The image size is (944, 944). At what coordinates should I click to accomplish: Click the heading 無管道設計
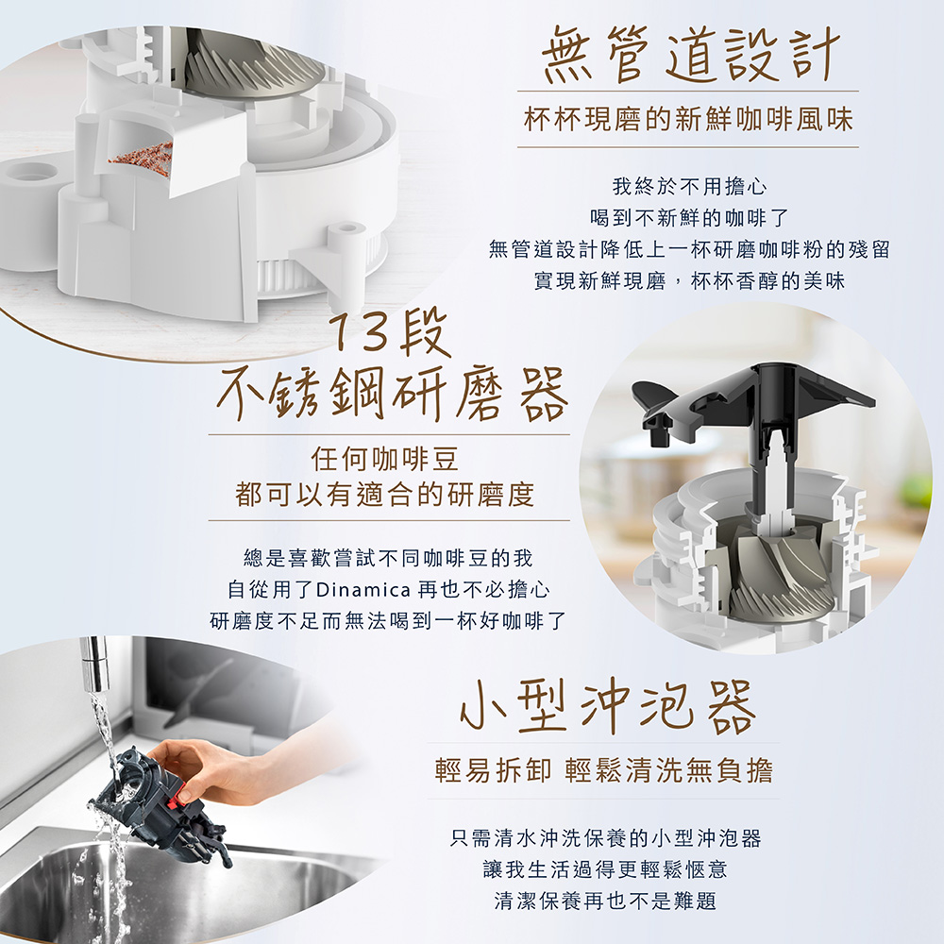coord(691,55)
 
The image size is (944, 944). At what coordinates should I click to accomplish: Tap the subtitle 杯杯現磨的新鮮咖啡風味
coord(689,119)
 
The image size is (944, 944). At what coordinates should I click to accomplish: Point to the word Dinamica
coord(363,589)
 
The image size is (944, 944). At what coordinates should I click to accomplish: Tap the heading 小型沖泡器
coord(607,708)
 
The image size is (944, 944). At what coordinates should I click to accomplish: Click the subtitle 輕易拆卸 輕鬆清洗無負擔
coord(604,770)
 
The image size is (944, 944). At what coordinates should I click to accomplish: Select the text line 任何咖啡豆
coord(385,461)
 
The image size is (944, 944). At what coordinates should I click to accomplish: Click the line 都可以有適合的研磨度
coord(385,495)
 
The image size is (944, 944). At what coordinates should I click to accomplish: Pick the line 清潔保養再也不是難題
coord(605,902)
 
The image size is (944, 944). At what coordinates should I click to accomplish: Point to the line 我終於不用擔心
coord(689,187)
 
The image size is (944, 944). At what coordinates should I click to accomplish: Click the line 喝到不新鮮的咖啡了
coord(689,218)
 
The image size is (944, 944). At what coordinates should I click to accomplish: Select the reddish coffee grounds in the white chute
coord(141,156)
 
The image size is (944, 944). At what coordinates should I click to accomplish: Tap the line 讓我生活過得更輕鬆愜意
coord(605,869)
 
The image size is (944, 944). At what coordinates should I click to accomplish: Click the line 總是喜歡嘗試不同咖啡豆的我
coord(388,558)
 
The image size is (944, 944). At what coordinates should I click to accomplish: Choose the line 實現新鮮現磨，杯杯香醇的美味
coord(689,280)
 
